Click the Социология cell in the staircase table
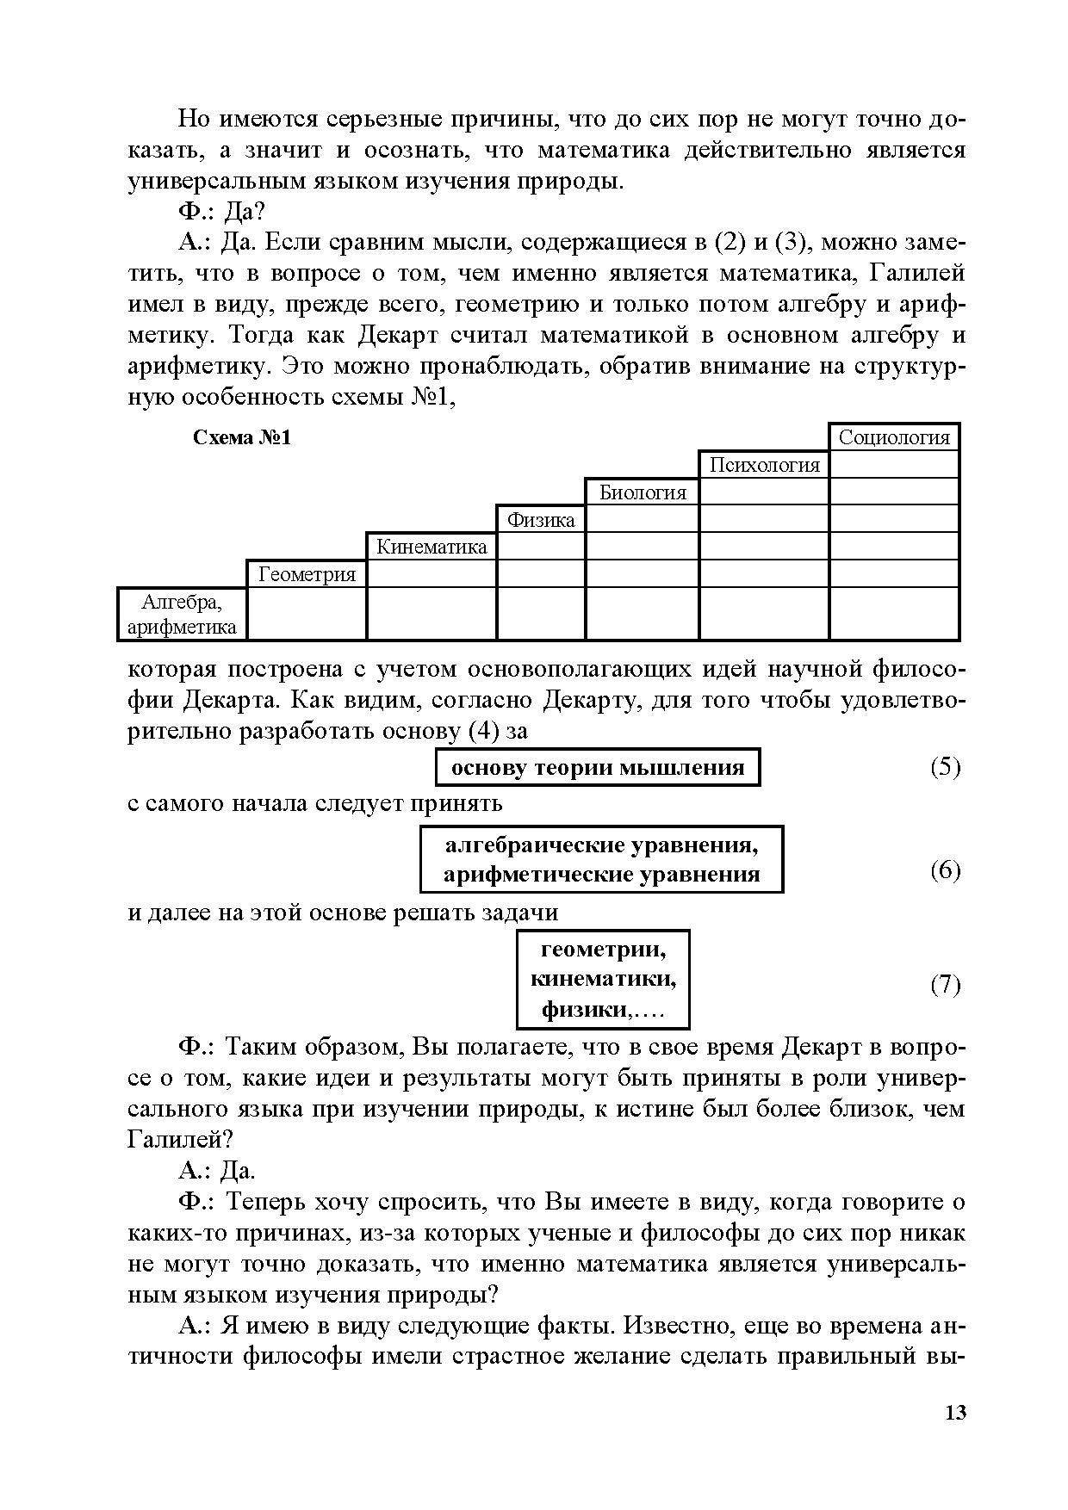[893, 437]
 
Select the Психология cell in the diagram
[764, 465]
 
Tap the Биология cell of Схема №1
[643, 492]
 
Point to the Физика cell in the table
[541, 520]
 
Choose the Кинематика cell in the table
[432, 547]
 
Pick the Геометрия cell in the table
[307, 574]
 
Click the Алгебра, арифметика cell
[182, 614]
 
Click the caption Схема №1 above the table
[242, 438]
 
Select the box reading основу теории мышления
[598, 767]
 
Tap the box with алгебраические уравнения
[601, 860]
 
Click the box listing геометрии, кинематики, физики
[603, 979]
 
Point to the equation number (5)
[945, 767]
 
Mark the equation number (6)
[945, 870]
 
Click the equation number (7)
[945, 984]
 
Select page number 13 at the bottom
[955, 1413]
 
